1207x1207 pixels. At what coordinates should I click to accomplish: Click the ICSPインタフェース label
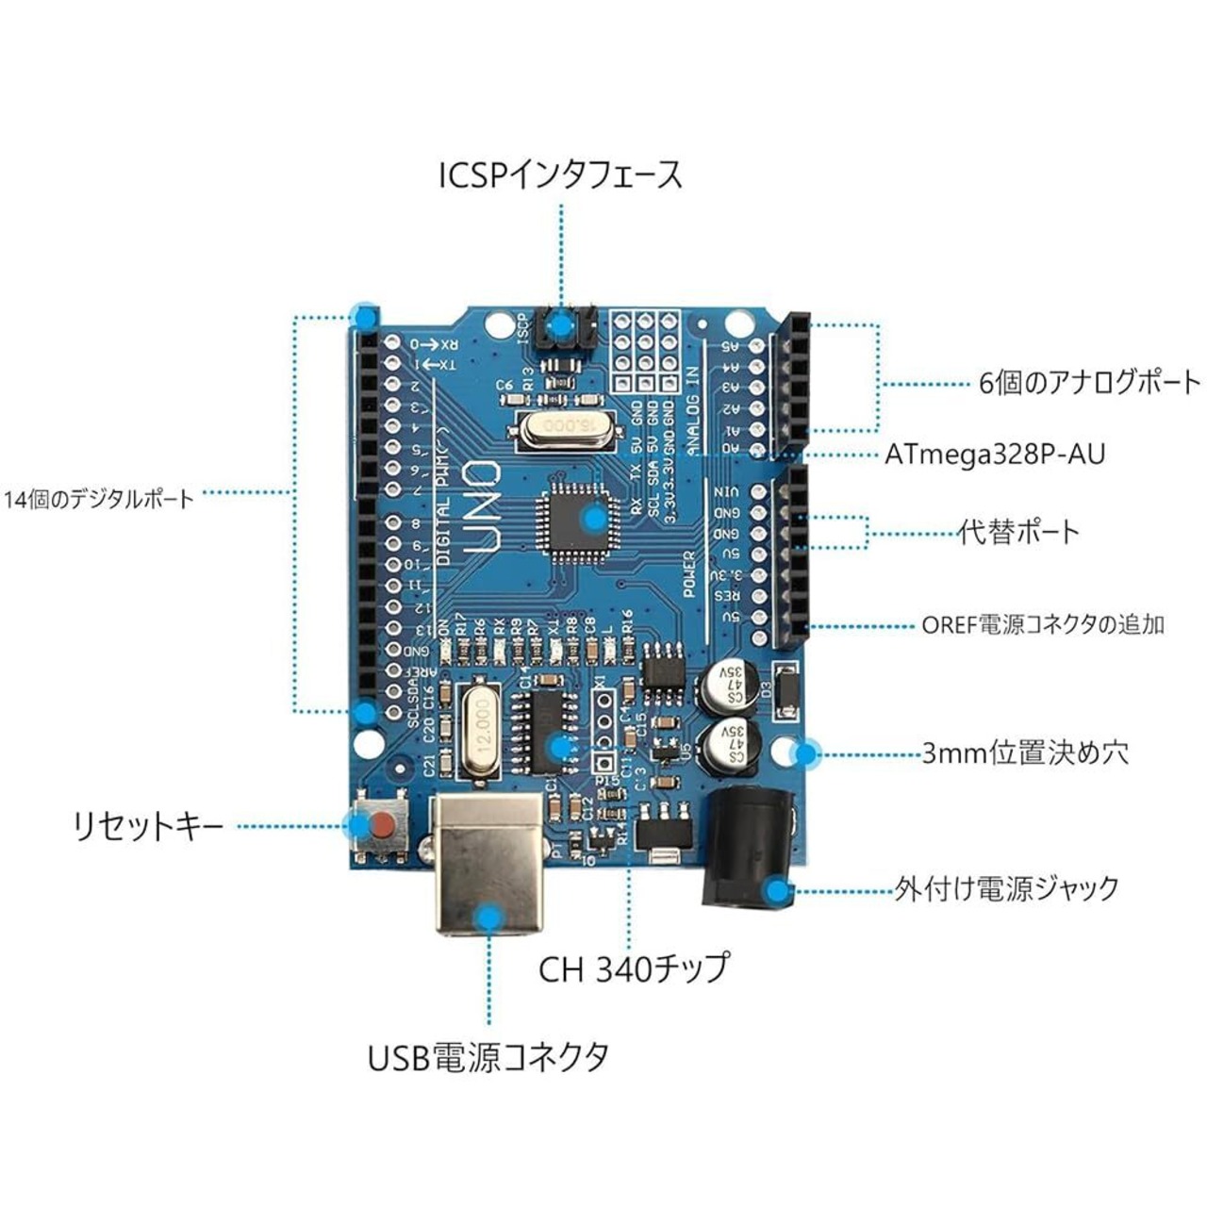pyautogui.click(x=560, y=175)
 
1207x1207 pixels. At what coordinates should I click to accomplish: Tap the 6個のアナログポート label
pyautogui.click(x=1089, y=383)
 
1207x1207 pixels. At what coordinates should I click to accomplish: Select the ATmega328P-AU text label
pyautogui.click(x=995, y=455)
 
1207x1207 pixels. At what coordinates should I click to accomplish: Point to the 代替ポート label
pyautogui.click(x=1018, y=533)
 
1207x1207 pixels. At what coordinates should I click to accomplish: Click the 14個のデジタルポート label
pyautogui.click(x=98, y=499)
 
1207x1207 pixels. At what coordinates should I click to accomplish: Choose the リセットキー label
pyautogui.click(x=149, y=827)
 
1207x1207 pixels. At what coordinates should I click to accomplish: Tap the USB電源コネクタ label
pyautogui.click(x=488, y=1056)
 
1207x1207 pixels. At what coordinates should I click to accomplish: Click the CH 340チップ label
pyautogui.click(x=634, y=968)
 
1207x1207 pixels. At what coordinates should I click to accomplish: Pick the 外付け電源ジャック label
pyautogui.click(x=1007, y=889)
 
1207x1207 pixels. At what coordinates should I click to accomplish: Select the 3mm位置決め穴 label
pyautogui.click(x=1025, y=753)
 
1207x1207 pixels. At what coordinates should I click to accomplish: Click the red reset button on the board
pyautogui.click(x=381, y=828)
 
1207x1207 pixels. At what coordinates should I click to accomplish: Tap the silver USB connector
pyautogui.click(x=488, y=863)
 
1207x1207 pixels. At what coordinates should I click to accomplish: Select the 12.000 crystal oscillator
pyautogui.click(x=481, y=731)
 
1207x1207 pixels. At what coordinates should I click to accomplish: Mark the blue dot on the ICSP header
pyautogui.click(x=562, y=328)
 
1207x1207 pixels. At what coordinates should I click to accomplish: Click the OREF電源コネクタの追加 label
pyautogui.click(x=1043, y=624)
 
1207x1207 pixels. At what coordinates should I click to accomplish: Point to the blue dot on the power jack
pyautogui.click(x=776, y=890)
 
